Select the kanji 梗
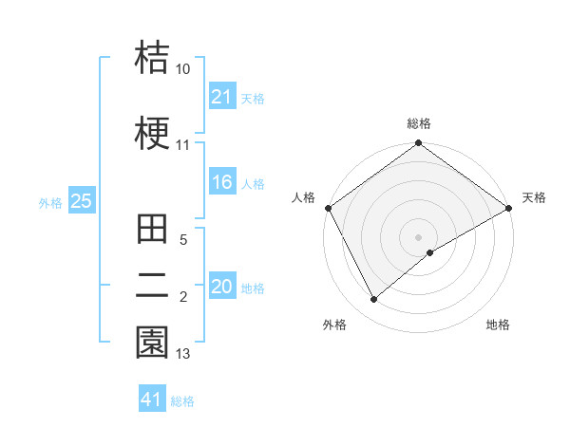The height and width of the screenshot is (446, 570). pyautogui.click(x=153, y=132)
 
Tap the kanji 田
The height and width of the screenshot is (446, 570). pyautogui.click(x=153, y=232)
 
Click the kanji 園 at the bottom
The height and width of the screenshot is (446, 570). pyautogui.click(x=153, y=343)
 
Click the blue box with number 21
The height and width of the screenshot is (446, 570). pyautogui.click(x=221, y=97)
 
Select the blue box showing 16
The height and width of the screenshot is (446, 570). pyautogui.click(x=221, y=183)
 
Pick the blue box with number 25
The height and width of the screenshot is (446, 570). pyautogui.click(x=81, y=201)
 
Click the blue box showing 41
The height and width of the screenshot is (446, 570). pyautogui.click(x=152, y=400)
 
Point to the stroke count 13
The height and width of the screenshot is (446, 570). pyautogui.click(x=183, y=355)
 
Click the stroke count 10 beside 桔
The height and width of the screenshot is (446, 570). pyautogui.click(x=183, y=70)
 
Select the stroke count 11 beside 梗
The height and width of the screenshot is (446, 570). pyautogui.click(x=183, y=145)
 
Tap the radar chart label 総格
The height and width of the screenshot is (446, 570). pyautogui.click(x=418, y=123)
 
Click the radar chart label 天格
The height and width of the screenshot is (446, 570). pyautogui.click(x=534, y=197)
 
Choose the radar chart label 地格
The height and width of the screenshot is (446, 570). pyautogui.click(x=498, y=325)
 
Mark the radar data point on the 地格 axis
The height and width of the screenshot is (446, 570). pyautogui.click(x=430, y=252)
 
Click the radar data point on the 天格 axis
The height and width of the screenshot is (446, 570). pyautogui.click(x=509, y=207)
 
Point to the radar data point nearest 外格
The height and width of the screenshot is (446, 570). pyautogui.click(x=373, y=299)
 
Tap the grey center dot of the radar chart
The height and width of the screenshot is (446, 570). pyautogui.click(x=418, y=236)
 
